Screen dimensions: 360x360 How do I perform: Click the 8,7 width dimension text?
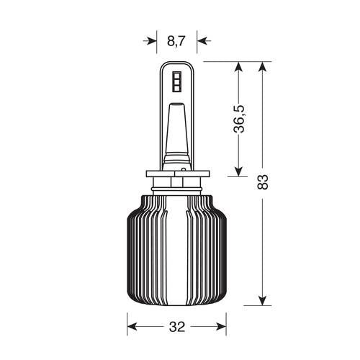[x=176, y=41]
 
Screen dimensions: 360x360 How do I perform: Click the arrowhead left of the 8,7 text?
[x=150, y=41]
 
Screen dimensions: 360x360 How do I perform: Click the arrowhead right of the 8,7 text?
[x=202, y=41]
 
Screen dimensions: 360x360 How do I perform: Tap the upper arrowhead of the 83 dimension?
[x=263, y=67]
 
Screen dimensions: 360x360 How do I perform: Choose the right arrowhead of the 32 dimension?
[x=221, y=326]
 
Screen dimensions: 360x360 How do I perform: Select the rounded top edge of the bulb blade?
[x=176, y=63]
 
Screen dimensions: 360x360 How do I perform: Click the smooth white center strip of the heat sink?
[x=177, y=252]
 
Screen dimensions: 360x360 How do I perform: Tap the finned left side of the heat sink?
[x=144, y=252]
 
